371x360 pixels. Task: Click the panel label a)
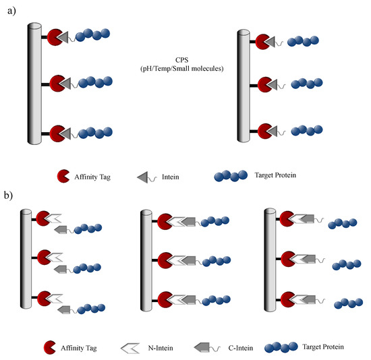click(11, 12)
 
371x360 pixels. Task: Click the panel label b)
click(11, 199)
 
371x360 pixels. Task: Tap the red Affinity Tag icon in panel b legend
click(51, 348)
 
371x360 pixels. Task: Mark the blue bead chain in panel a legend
click(231, 177)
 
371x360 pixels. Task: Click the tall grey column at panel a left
click(34, 82)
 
